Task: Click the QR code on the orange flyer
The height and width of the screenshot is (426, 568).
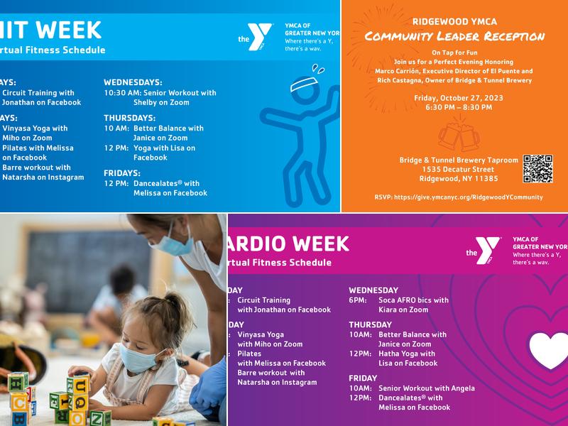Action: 537,168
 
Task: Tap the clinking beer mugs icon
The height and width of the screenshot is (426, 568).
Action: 459,136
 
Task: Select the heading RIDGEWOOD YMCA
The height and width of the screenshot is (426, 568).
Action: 454,21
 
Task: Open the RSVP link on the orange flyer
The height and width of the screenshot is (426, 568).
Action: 458,197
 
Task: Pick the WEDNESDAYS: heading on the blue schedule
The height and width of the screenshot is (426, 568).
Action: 133,82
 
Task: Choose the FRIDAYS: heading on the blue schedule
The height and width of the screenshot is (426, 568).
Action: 122,173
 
